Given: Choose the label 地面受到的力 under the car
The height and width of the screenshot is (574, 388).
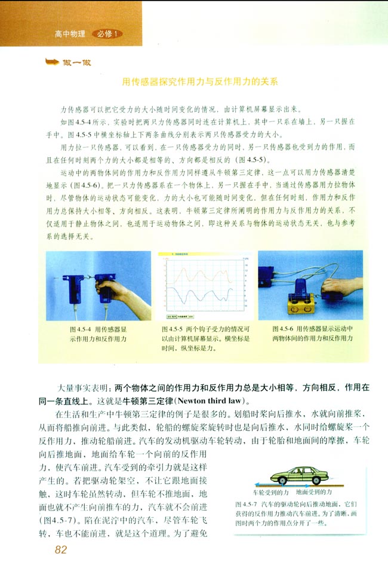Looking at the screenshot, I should coord(314,491).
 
